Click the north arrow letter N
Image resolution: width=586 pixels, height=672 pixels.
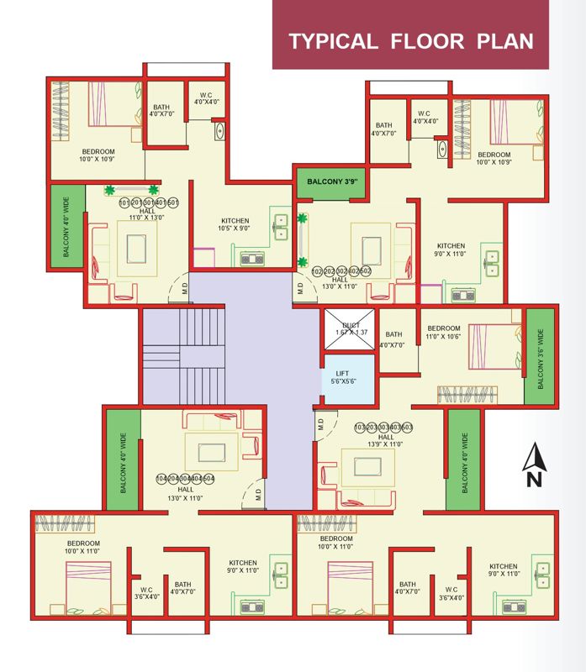533,480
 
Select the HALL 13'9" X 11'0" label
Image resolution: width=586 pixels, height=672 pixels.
386,440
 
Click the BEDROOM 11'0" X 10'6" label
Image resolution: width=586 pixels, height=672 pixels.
443,332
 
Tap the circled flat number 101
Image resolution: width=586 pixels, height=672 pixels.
124,203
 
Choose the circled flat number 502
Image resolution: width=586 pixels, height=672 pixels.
366,271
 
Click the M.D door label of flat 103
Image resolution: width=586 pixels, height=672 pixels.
320,427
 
